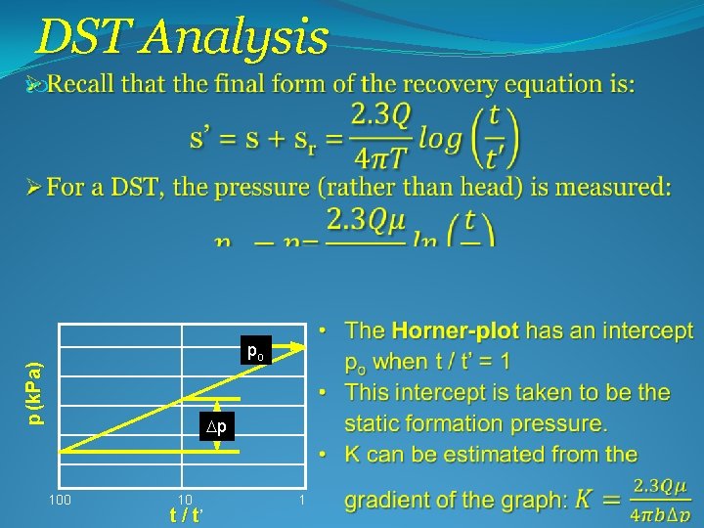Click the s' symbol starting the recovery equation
(x=201, y=139)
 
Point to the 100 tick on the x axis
(x=61, y=501)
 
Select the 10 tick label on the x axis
(x=184, y=501)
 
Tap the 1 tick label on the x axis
(x=303, y=501)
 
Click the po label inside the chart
(x=254, y=352)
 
